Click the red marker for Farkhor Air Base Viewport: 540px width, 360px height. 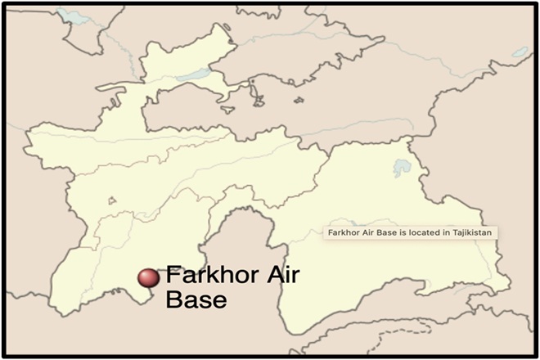click(148, 278)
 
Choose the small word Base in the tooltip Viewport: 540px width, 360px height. click(384, 232)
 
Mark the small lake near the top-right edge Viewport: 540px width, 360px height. click(520, 52)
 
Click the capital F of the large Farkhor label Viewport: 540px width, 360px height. click(173, 277)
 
